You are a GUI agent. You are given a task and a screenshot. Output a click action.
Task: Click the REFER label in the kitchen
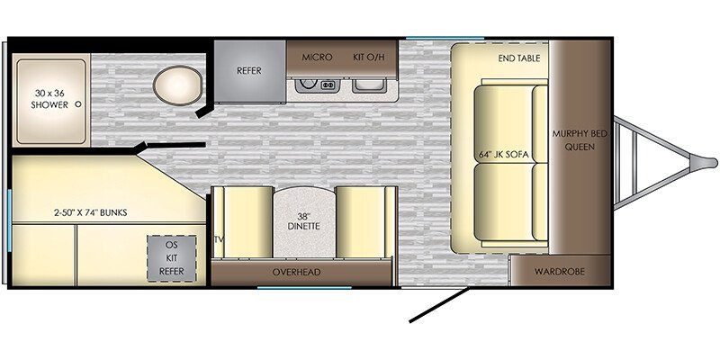249,71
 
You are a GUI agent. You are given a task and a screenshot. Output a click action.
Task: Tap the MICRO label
317,58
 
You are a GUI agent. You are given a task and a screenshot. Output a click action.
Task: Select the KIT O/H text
368,58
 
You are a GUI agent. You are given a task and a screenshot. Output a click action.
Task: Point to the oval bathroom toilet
177,85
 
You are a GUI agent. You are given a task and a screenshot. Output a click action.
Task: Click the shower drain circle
78,104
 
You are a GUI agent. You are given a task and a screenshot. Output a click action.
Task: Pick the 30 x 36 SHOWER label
49,99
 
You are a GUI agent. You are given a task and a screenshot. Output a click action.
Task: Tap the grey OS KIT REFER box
171,258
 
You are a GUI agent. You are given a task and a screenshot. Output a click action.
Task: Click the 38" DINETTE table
304,221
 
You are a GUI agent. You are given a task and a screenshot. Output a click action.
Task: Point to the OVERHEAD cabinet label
296,272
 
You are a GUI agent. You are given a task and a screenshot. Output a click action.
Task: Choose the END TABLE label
519,58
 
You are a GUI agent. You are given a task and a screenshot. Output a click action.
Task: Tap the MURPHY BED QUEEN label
580,140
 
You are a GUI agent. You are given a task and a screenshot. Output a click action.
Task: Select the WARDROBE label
559,272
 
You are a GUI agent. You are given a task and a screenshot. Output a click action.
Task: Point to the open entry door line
439,305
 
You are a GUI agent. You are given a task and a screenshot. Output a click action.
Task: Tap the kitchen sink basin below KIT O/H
369,85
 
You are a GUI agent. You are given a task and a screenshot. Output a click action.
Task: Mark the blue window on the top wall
445,38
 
